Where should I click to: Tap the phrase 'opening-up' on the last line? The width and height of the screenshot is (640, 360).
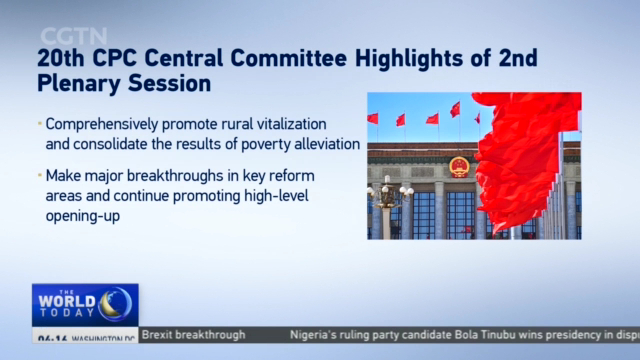(x=83, y=215)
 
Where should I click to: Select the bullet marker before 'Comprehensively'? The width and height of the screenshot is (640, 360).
(x=40, y=124)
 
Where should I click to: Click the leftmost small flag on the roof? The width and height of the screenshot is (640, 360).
(x=373, y=119)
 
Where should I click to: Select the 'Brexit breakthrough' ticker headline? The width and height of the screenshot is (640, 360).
(x=193, y=335)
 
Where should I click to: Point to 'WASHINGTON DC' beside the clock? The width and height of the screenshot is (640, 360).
(x=101, y=340)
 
